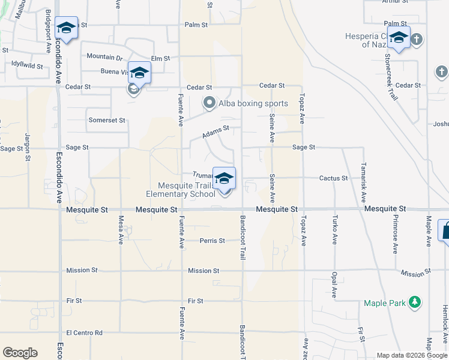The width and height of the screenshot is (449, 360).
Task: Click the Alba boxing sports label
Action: (x=253, y=103)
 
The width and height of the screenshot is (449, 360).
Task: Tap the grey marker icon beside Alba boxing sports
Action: (x=209, y=103)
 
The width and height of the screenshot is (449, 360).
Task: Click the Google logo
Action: (x=20, y=353)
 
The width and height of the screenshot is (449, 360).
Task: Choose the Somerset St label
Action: (x=107, y=120)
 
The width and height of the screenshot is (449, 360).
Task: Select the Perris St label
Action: (x=212, y=241)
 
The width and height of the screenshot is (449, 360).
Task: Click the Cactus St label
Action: (x=333, y=178)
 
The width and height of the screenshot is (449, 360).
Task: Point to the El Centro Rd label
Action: (x=85, y=333)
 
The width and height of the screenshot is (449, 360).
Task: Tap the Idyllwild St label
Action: (x=26, y=66)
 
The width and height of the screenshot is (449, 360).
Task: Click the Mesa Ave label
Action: (x=121, y=230)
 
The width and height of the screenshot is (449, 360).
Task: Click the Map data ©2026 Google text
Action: (x=412, y=355)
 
